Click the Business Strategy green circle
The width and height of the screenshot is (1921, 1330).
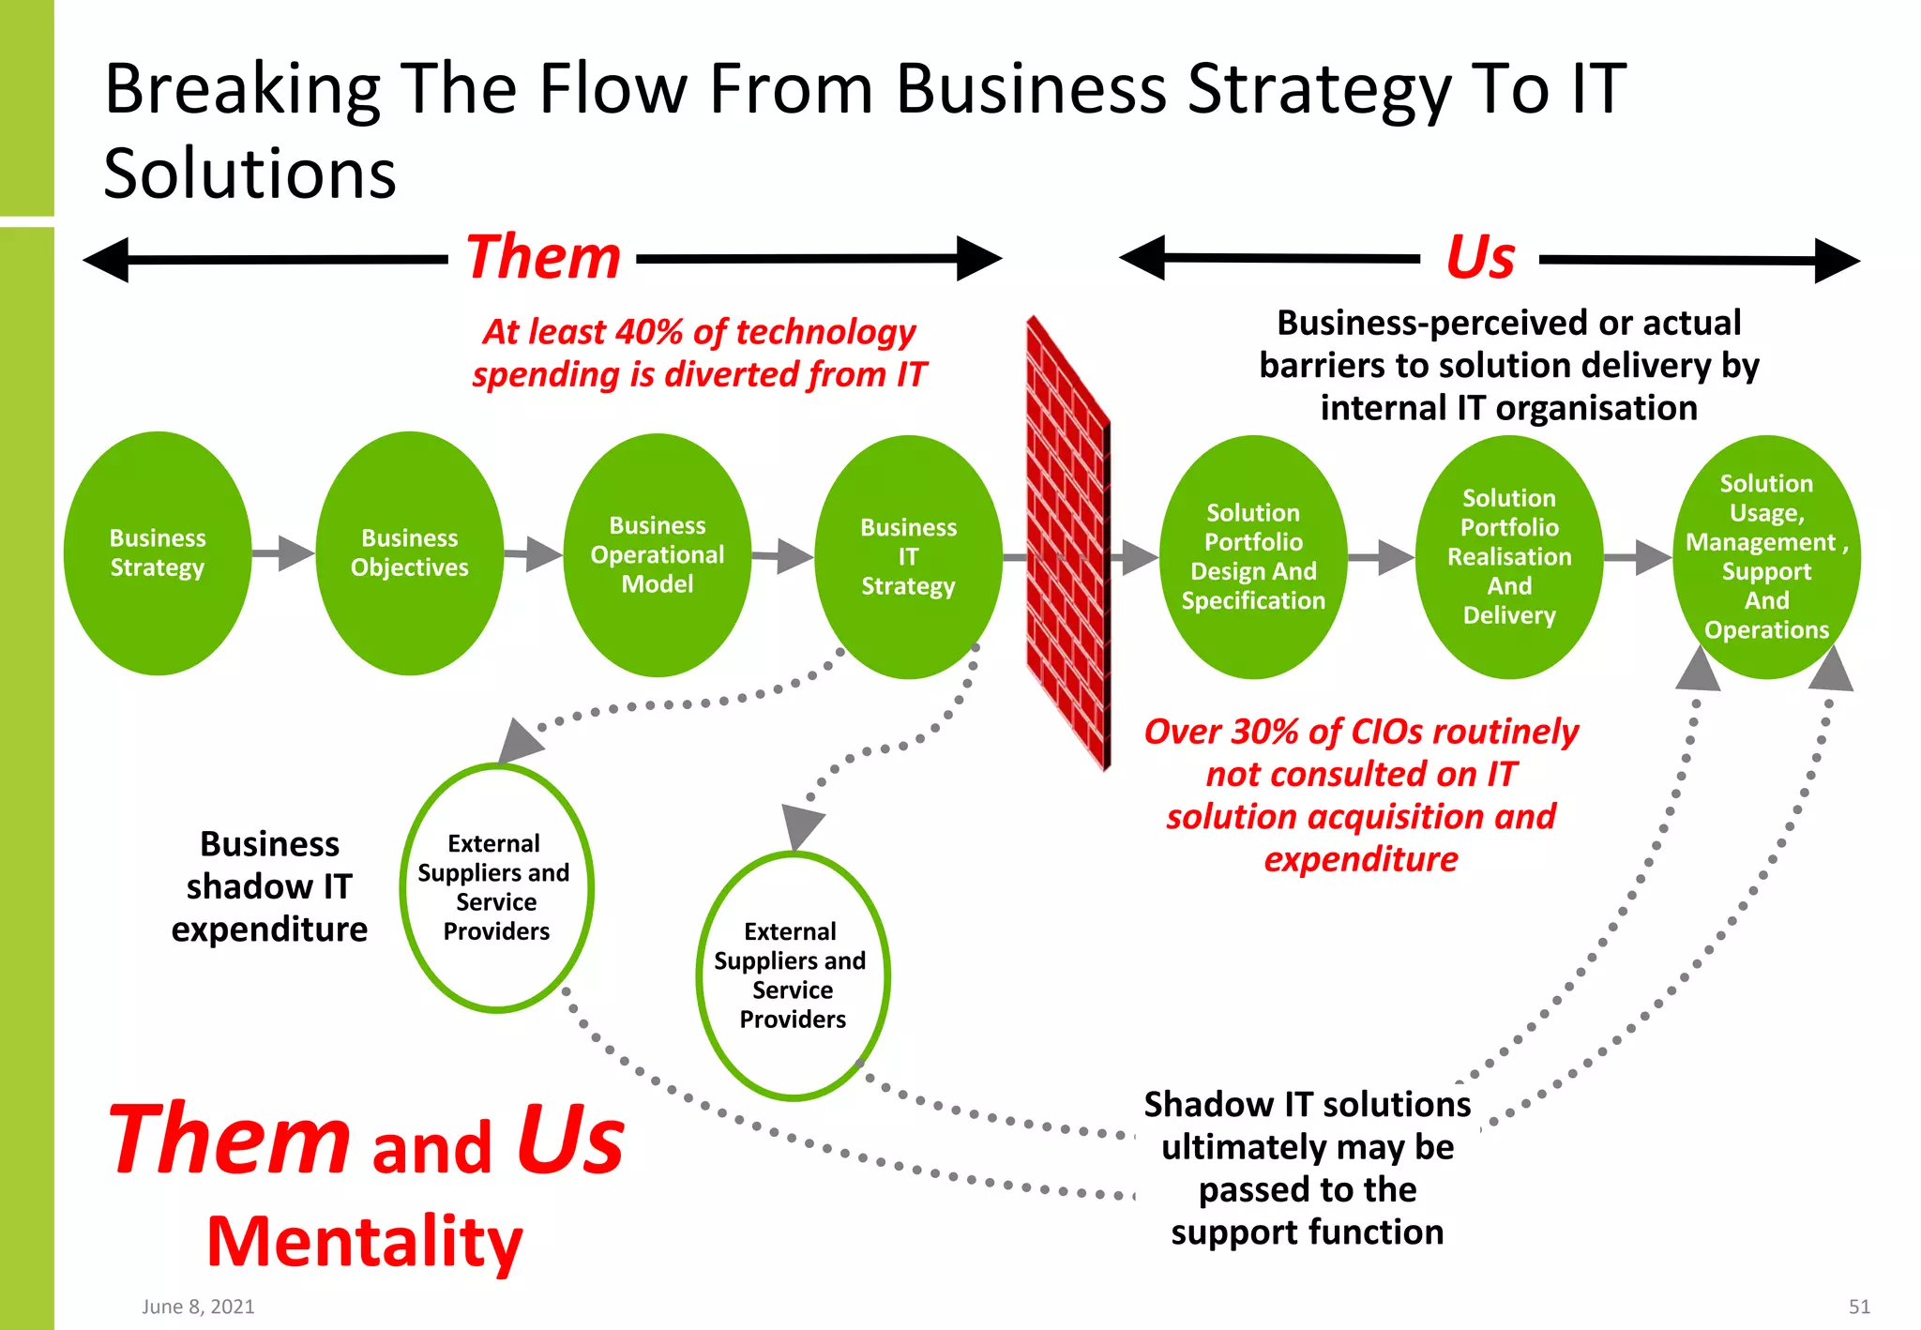tap(158, 553)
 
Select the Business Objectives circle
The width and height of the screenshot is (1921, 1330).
tap(409, 553)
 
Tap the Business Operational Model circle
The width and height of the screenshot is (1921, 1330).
tap(658, 555)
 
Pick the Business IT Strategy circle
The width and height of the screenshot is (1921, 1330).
tap(908, 557)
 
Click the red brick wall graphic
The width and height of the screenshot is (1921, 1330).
tap(1067, 544)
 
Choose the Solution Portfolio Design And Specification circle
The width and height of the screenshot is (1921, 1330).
tap(1253, 557)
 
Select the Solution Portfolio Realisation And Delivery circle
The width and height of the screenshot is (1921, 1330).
tap(1508, 557)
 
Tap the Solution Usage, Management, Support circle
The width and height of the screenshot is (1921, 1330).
tap(1766, 557)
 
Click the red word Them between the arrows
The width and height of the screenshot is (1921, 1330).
tap(543, 257)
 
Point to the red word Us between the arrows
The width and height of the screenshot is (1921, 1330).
tap(1479, 257)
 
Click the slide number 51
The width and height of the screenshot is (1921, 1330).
tap(1859, 1307)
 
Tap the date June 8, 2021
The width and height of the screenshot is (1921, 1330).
tap(198, 1307)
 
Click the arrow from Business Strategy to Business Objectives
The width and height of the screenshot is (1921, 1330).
tap(282, 553)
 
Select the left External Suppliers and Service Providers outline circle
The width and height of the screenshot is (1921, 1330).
tap(496, 887)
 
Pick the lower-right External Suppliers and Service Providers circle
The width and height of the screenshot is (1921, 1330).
tap(793, 975)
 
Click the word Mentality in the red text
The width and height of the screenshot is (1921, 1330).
tap(364, 1241)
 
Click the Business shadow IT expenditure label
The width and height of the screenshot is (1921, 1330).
tap(269, 886)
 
